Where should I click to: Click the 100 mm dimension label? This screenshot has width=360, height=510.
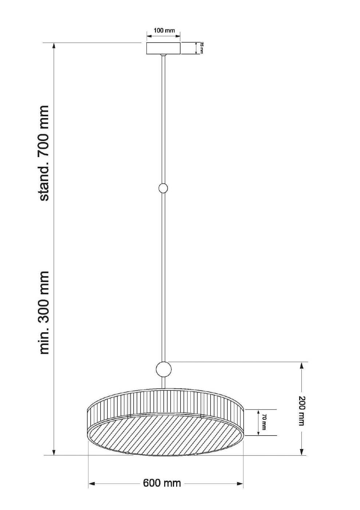click(x=164, y=30)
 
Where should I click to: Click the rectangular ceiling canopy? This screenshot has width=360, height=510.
click(x=163, y=48)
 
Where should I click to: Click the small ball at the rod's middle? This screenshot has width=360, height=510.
click(x=163, y=188)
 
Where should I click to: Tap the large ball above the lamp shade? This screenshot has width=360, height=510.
click(x=163, y=369)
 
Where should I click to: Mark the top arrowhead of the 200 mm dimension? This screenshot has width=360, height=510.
click(x=302, y=365)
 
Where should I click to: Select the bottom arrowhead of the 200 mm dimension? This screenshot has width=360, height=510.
click(x=302, y=452)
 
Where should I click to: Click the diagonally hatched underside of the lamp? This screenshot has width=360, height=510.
click(x=166, y=435)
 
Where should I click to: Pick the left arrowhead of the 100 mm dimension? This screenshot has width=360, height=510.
click(x=149, y=36)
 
